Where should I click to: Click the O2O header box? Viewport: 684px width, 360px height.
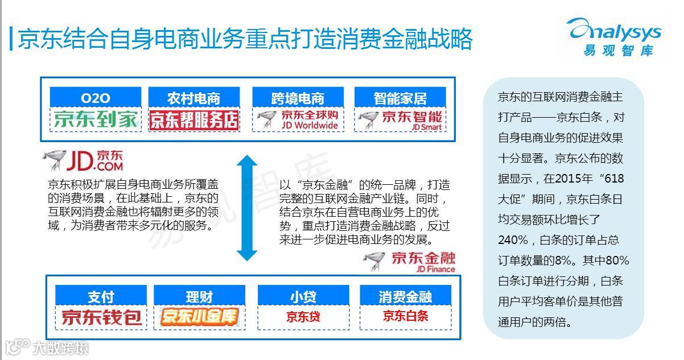click(96, 98)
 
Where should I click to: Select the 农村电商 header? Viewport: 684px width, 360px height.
click(193, 98)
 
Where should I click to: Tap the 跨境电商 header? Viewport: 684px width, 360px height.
click(297, 98)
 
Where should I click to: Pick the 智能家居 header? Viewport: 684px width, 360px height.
click(400, 98)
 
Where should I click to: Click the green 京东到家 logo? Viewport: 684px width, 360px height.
click(96, 119)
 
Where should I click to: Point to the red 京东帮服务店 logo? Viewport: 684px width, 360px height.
click(193, 119)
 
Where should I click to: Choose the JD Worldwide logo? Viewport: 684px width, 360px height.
click(297, 119)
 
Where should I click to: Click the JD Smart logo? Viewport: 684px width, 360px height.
click(400, 119)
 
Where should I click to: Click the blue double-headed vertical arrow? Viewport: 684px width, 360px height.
click(246, 208)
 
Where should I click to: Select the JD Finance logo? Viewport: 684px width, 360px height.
click(410, 262)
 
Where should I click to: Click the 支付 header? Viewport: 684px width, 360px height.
click(101, 296)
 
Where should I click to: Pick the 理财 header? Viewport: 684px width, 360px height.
click(199, 296)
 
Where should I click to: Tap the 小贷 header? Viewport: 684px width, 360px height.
click(303, 296)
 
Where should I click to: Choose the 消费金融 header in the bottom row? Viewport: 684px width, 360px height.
click(405, 296)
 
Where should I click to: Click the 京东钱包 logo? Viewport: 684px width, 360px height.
click(101, 317)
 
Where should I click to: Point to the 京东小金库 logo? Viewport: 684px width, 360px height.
click(199, 317)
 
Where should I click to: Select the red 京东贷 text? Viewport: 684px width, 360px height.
click(303, 317)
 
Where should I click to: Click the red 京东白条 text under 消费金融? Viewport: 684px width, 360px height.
click(405, 316)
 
